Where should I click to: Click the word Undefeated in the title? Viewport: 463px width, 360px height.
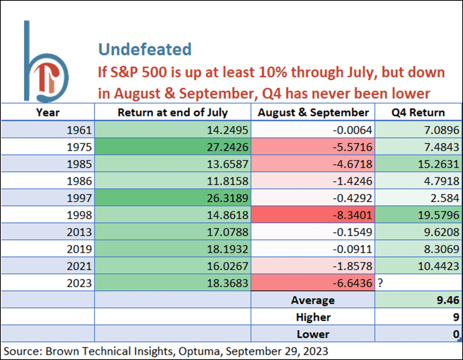145,49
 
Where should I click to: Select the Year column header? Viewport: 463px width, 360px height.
48,112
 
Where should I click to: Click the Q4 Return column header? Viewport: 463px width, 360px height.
418,112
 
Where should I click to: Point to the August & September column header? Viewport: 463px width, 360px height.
313,112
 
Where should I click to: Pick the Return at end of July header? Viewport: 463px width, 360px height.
173,112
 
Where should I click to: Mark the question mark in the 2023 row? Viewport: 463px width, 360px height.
380,283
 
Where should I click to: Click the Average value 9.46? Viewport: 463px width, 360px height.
448,300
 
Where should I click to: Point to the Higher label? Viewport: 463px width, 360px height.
313,317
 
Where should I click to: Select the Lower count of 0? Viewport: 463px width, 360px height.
456,334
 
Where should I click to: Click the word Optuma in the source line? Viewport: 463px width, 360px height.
201,352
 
